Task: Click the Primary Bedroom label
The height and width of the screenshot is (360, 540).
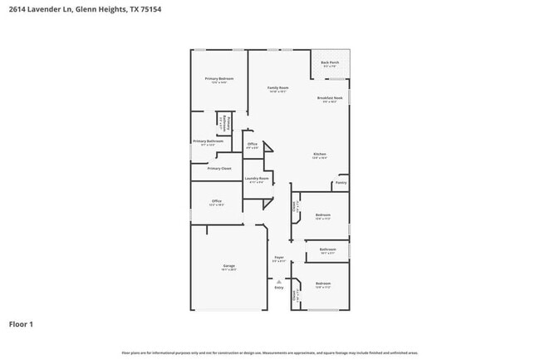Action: [x=218, y=78]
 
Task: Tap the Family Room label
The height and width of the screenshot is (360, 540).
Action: [x=277, y=87]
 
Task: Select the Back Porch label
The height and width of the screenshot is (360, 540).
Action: [x=330, y=62]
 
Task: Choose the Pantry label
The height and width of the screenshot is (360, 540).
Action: [x=341, y=182]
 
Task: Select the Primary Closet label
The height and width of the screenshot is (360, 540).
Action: [x=219, y=168]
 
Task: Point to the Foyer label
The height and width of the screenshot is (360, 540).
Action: [x=279, y=257]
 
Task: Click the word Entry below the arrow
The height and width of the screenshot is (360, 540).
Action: [x=279, y=288]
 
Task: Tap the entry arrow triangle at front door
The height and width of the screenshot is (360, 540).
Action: [x=279, y=281]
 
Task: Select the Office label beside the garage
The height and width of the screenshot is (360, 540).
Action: [x=216, y=200]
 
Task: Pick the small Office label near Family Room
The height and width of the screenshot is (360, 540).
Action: [x=253, y=144]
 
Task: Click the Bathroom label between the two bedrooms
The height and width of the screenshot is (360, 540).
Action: [x=327, y=249]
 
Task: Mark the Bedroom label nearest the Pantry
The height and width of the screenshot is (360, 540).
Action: [x=323, y=215]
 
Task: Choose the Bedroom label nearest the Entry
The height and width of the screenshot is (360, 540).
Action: [x=323, y=284]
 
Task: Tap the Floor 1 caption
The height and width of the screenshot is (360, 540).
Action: [x=21, y=323]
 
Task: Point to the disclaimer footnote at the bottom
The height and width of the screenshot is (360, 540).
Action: [x=269, y=353]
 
